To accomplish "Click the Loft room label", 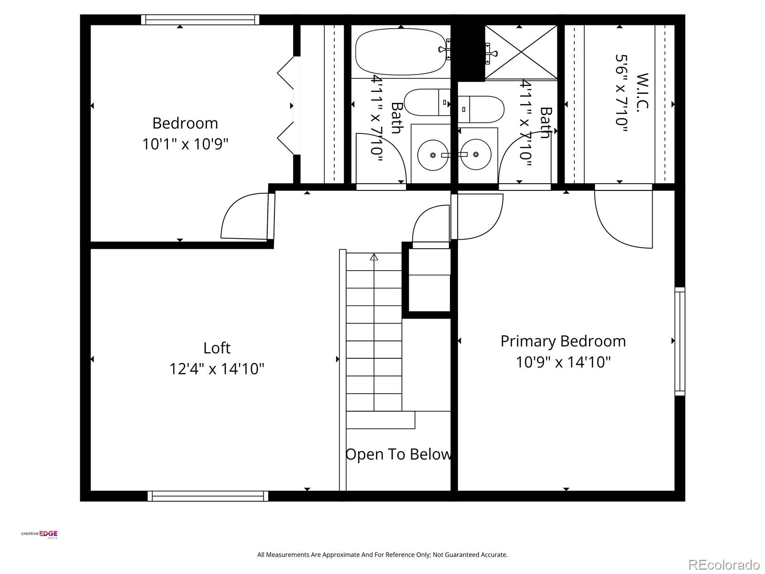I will (x=217, y=348).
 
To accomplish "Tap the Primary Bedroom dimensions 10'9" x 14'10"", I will (x=563, y=362).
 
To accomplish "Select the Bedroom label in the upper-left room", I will (x=185, y=123).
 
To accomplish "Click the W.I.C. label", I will (x=643, y=92).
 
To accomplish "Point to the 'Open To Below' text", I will (x=398, y=454).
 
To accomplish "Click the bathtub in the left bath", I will (x=401, y=52).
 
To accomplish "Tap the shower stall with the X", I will (x=521, y=52).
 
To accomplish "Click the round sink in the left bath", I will (x=433, y=155).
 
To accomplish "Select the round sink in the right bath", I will (x=476, y=155).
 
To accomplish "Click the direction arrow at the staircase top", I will (x=374, y=257).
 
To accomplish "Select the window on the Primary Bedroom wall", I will (x=679, y=342).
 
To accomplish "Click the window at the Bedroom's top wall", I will (x=200, y=20).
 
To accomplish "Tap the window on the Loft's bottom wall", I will (x=208, y=496).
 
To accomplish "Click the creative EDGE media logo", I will (x=40, y=534).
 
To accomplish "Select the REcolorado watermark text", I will (x=724, y=564).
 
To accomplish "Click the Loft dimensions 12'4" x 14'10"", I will (x=217, y=369).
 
